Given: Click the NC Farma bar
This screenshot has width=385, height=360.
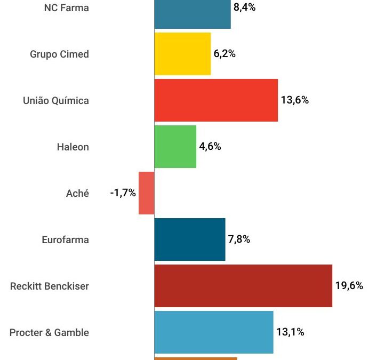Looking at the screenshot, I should [192, 14].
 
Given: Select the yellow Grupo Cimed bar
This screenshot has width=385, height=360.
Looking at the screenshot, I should [182, 54].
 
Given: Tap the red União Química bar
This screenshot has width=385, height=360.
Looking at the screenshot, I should [216, 100].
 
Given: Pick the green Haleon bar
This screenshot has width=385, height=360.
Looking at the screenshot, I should [175, 147].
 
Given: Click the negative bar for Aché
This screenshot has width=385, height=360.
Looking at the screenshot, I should [146, 193].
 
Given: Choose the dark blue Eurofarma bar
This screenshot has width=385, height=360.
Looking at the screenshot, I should [189, 239].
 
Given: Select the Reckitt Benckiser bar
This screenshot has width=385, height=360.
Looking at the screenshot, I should [243, 286].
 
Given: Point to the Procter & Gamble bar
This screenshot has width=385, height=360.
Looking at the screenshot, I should [213, 332].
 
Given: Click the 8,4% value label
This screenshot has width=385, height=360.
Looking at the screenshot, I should [244, 7].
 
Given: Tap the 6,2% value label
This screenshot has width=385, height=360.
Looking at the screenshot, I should [224, 54].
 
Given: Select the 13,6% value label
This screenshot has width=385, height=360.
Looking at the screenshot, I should [294, 100].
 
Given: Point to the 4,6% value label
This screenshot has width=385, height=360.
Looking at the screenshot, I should [210, 147].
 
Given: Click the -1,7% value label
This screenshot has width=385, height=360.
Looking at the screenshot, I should [123, 193].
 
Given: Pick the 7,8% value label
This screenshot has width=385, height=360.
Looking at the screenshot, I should [239, 239].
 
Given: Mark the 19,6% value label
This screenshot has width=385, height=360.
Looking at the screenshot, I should [349, 286].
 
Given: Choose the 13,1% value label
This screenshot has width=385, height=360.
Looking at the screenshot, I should [290, 332].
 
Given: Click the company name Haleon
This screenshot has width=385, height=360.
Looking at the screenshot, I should [73, 147].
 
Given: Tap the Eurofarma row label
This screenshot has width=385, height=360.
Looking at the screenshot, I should [65, 239].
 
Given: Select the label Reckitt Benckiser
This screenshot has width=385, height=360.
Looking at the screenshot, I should [50, 286].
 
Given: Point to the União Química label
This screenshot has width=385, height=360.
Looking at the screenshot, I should [56, 100].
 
